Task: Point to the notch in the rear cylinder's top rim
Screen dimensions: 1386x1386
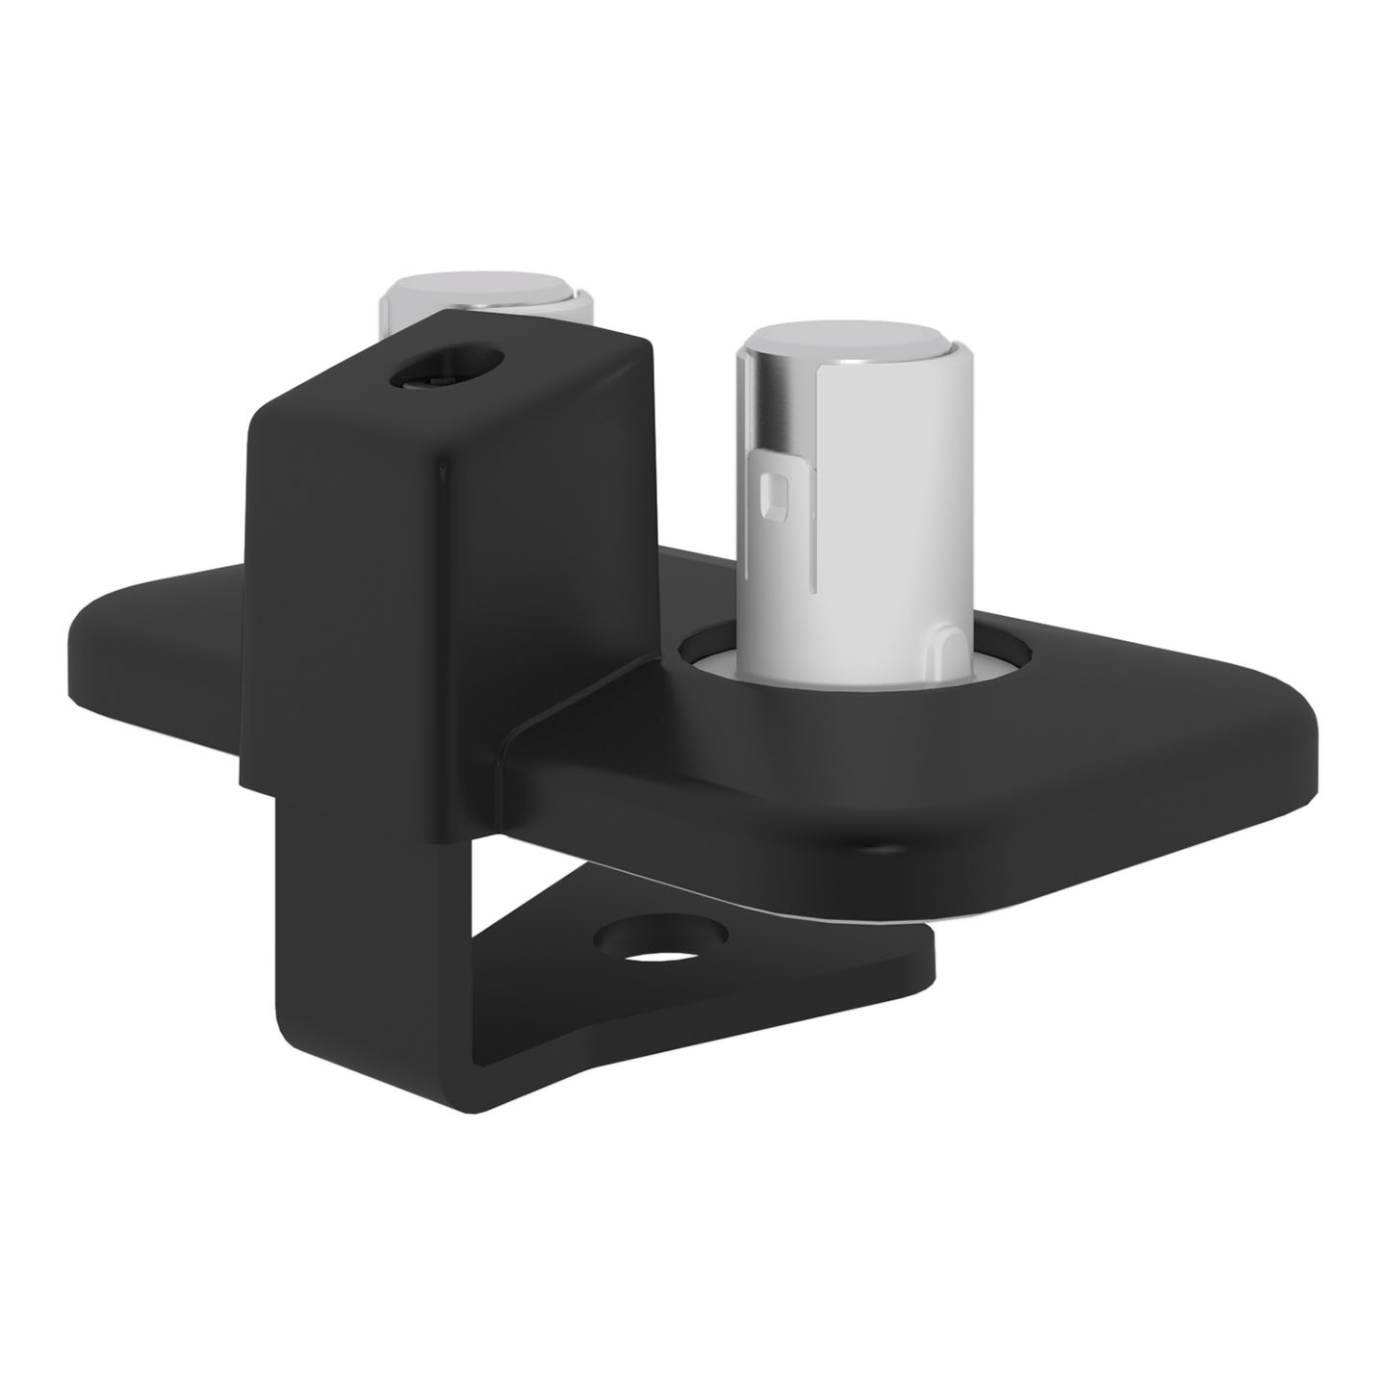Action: click(577, 293)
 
